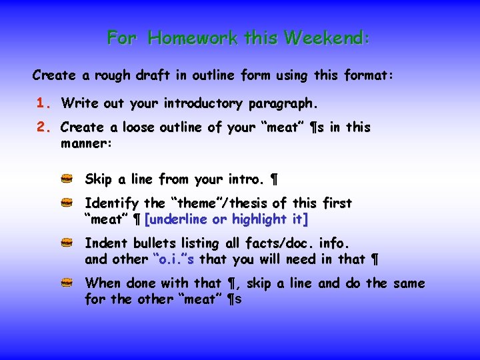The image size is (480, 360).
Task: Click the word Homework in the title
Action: tap(193, 38)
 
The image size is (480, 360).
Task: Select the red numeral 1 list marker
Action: tap(43, 103)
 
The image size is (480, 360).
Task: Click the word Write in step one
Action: tap(77, 103)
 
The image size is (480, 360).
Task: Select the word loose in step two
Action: tap(142, 127)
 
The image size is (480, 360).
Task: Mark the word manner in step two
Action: tap(85, 143)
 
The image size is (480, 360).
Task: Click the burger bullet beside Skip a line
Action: tap(67, 179)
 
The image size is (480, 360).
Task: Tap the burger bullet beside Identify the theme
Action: tap(67, 203)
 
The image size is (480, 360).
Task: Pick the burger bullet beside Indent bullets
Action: tap(67, 243)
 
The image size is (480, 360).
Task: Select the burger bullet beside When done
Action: tap(67, 283)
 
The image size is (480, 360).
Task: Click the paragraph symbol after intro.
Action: tap(274, 179)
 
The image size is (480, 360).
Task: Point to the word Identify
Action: tap(111, 203)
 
